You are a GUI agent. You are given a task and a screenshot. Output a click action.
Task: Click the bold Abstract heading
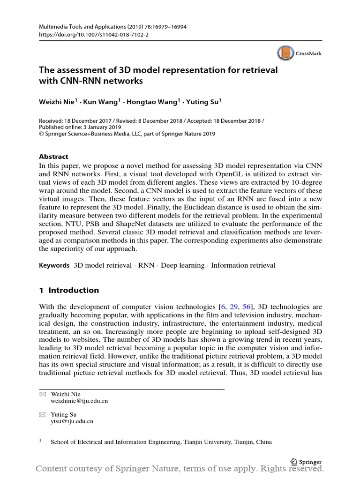53,157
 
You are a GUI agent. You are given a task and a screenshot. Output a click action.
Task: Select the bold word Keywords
54,265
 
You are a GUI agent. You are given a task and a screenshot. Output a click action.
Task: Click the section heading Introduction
74,290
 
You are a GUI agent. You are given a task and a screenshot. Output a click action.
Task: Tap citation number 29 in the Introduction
234,307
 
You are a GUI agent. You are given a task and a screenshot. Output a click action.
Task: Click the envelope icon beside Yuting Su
42,414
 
